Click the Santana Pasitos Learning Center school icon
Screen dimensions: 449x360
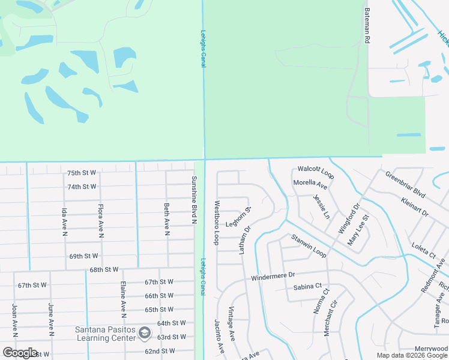[144, 332]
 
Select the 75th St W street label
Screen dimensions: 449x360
[82, 173]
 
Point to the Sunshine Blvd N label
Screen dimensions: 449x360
[194, 200]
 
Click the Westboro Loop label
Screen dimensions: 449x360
[217, 222]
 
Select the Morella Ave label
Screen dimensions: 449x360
[310, 184]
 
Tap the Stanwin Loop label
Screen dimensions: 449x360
[309, 247]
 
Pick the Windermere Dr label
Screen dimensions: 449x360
[273, 277]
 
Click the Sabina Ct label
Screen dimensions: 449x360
[308, 287]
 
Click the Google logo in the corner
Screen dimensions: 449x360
[20, 353]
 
